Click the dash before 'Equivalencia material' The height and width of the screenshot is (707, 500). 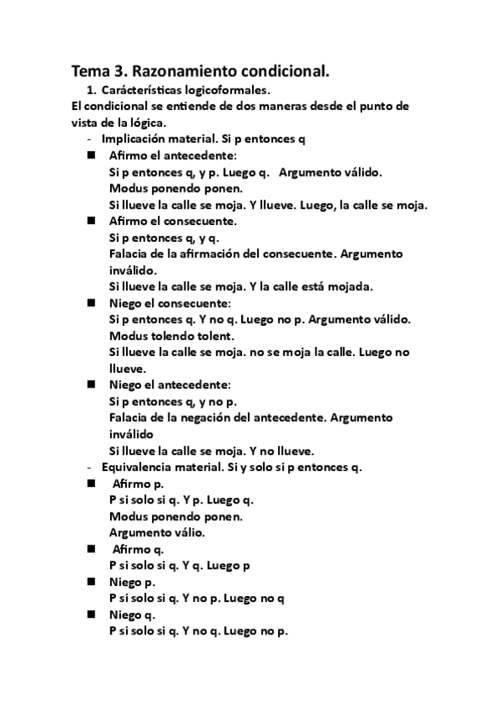point(89,466)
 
